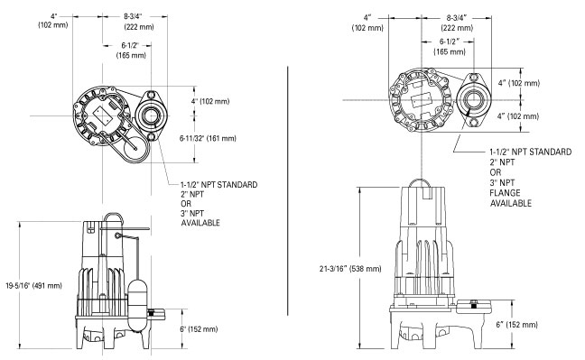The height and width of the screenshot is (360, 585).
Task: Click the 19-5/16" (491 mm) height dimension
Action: point(33,286)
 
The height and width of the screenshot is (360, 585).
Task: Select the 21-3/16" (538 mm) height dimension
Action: point(350,269)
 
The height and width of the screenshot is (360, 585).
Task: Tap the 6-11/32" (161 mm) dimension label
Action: point(208,138)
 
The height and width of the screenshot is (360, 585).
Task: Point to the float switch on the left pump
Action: point(138,305)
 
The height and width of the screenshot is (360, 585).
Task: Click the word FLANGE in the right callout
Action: point(505,193)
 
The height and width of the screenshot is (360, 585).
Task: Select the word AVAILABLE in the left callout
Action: point(200,223)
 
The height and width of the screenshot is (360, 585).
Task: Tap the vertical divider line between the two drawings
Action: point(288,191)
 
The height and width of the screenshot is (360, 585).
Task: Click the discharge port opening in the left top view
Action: point(151,116)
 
